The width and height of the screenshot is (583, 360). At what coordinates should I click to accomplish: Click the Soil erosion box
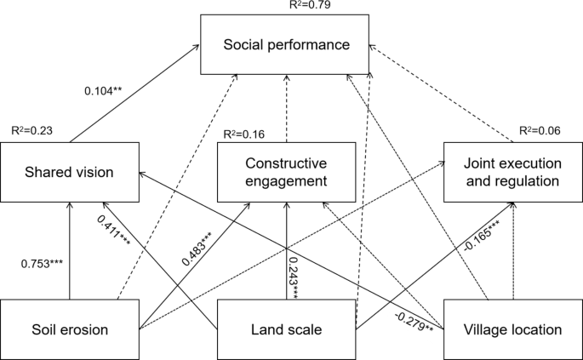pos(70,327)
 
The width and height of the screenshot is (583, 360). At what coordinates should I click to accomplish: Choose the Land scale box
pos(286,327)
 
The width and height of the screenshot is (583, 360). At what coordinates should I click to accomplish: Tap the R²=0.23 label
pos(31,131)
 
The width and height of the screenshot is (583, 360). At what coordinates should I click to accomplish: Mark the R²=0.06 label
pos(540,132)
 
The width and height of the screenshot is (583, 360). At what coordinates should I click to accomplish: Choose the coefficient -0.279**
pos(414,318)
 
